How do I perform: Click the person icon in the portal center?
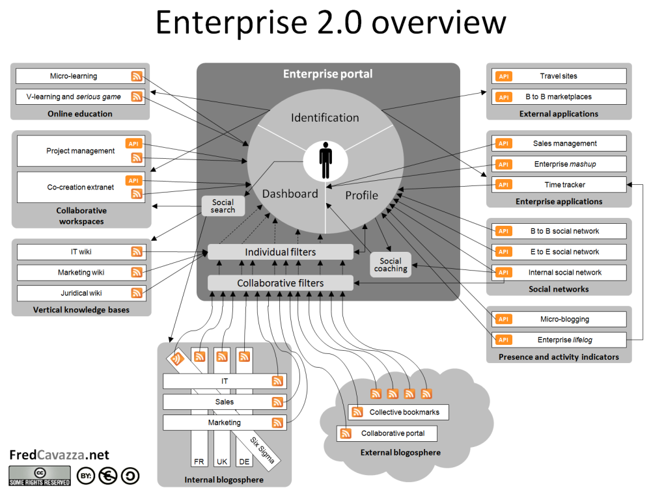tap(325, 158)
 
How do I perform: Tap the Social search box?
tap(223, 206)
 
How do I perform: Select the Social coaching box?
tap(391, 265)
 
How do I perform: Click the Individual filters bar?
tap(280, 252)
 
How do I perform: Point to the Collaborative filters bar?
tap(280, 283)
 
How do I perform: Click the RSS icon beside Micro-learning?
tap(137, 76)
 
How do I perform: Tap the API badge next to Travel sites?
tap(503, 76)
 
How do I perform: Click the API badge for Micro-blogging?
tap(503, 319)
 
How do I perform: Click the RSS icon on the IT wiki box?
tap(137, 251)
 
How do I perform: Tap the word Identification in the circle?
tap(325, 118)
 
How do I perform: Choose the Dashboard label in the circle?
tap(290, 193)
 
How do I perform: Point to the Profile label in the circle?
tap(361, 195)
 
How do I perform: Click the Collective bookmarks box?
tap(398, 412)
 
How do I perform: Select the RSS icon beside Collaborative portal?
tap(345, 433)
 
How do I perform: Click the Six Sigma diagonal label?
tap(263, 450)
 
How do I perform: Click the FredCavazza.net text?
tap(59, 455)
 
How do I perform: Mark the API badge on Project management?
tap(133, 144)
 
